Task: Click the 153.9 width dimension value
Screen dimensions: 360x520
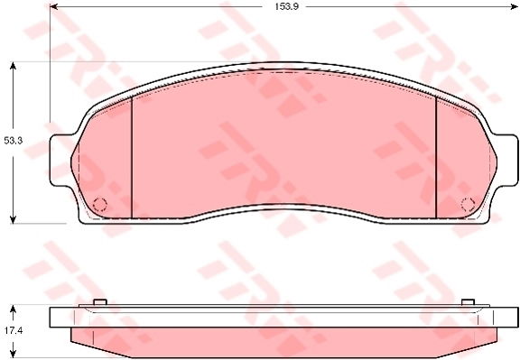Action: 286,6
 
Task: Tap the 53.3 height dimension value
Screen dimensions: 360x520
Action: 12,141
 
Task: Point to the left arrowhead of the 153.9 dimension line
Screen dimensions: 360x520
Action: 53,6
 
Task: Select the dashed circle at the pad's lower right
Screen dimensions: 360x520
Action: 468,202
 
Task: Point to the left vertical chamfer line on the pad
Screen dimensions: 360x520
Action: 132,157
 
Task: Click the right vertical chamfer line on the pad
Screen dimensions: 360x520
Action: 436,157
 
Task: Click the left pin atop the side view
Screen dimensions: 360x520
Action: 100,301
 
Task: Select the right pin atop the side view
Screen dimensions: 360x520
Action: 467,301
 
